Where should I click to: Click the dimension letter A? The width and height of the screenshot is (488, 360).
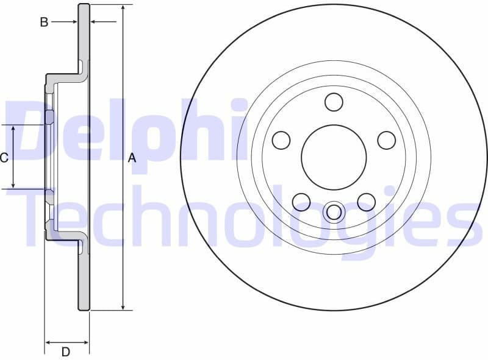pyautogui.click(x=132, y=158)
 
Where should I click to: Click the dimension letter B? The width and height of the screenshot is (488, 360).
pyautogui.click(x=44, y=23)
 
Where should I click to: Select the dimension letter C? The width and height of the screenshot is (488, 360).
pyautogui.click(x=4, y=158)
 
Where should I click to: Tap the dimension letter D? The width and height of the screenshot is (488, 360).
pyautogui.click(x=66, y=351)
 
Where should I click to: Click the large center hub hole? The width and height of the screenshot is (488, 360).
pyautogui.click(x=334, y=158)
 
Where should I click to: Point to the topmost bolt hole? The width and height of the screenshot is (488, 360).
pyautogui.click(x=334, y=102)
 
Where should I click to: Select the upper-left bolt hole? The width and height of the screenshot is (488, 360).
pyautogui.click(x=281, y=140)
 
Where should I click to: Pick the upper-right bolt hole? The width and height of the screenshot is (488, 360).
pyautogui.click(x=386, y=140)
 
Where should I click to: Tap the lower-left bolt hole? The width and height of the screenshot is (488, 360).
pyautogui.click(x=301, y=202)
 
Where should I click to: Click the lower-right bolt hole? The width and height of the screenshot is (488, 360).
pyautogui.click(x=366, y=202)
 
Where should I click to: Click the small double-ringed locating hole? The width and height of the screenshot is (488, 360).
pyautogui.click(x=334, y=212)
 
